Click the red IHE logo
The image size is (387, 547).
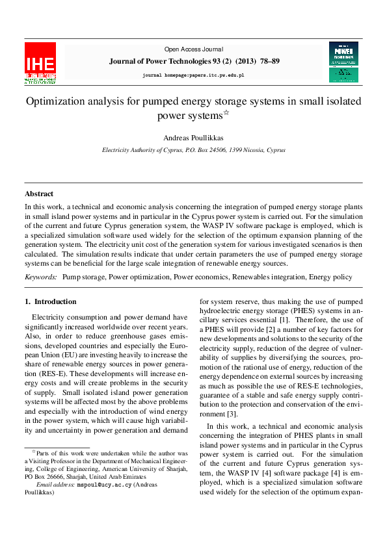point(40,63)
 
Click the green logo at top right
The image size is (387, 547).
point(343,62)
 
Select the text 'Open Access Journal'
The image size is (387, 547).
point(193,49)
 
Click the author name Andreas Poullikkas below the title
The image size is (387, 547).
point(193,137)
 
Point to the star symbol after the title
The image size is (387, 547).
point(226,113)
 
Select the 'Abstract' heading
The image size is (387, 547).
point(39,194)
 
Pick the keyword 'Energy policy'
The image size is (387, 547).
point(330,277)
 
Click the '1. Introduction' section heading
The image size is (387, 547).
point(50,301)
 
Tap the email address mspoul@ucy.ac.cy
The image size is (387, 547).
point(105,485)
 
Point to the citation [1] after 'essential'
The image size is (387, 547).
point(284,320)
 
